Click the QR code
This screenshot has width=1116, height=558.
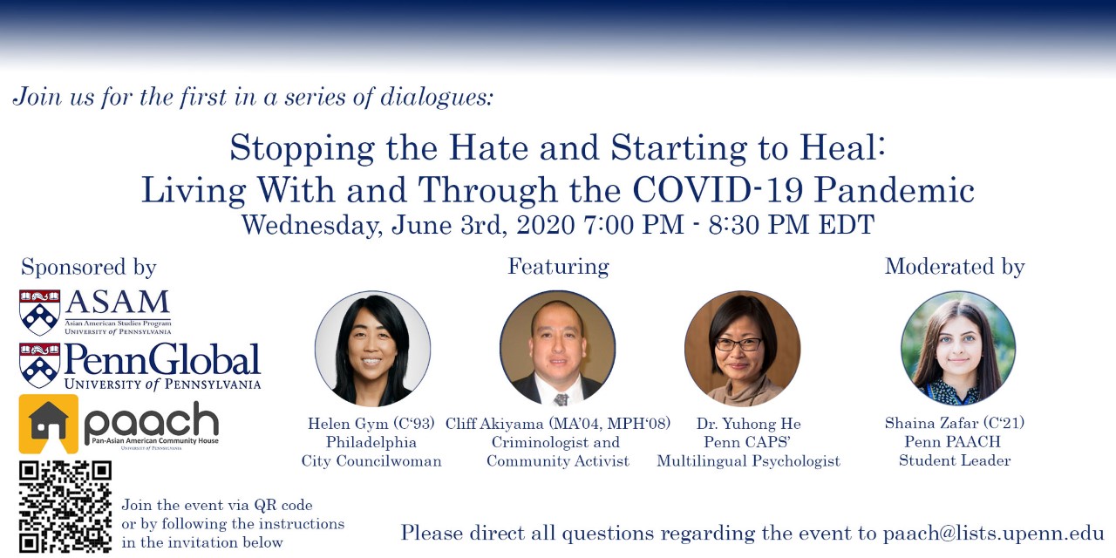tap(65, 507)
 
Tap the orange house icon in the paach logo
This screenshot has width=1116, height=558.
tap(48, 424)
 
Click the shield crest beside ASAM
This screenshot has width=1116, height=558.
tap(40, 312)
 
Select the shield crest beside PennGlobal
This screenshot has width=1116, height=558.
tap(40, 365)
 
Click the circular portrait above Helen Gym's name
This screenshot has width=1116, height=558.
tap(372, 348)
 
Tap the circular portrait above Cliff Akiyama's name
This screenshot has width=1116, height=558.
tap(557, 348)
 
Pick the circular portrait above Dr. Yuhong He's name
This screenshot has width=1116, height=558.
tap(742, 348)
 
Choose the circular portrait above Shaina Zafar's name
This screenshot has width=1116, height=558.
tap(958, 348)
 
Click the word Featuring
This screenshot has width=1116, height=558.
tap(558, 267)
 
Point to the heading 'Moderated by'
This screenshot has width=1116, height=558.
tap(955, 267)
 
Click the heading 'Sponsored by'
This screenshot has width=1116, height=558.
tap(89, 267)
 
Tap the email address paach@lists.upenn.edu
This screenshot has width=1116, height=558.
tap(993, 533)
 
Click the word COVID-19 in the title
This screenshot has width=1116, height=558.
tap(718, 190)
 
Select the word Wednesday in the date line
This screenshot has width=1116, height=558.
tap(312, 225)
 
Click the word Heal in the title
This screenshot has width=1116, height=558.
tap(842, 147)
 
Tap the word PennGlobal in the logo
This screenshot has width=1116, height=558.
tap(162, 359)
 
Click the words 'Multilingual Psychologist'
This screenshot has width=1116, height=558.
tap(748, 461)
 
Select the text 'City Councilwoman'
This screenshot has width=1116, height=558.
tap(371, 461)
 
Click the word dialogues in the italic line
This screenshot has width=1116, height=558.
tap(437, 97)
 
